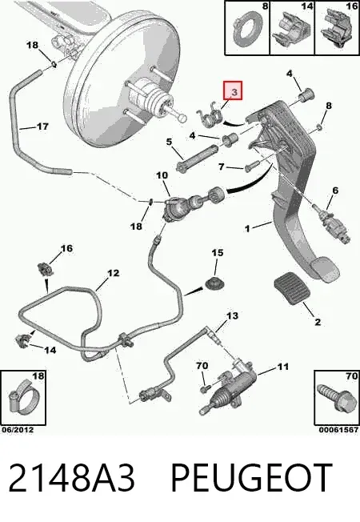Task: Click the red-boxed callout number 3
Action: (x=234, y=92)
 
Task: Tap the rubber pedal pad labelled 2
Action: (x=292, y=289)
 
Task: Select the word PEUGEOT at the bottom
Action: (x=251, y=478)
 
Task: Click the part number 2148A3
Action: (x=72, y=478)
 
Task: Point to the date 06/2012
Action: (x=18, y=430)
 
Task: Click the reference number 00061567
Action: (x=338, y=430)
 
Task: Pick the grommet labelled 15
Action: (x=214, y=284)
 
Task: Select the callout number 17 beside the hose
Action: (x=42, y=126)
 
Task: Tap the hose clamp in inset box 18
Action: (x=24, y=398)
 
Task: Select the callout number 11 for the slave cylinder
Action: (x=282, y=367)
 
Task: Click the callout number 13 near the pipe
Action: (x=233, y=315)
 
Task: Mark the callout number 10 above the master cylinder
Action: (x=162, y=175)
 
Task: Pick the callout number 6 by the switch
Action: (x=335, y=191)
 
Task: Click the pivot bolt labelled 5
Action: (x=197, y=159)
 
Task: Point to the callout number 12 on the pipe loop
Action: (x=113, y=273)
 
